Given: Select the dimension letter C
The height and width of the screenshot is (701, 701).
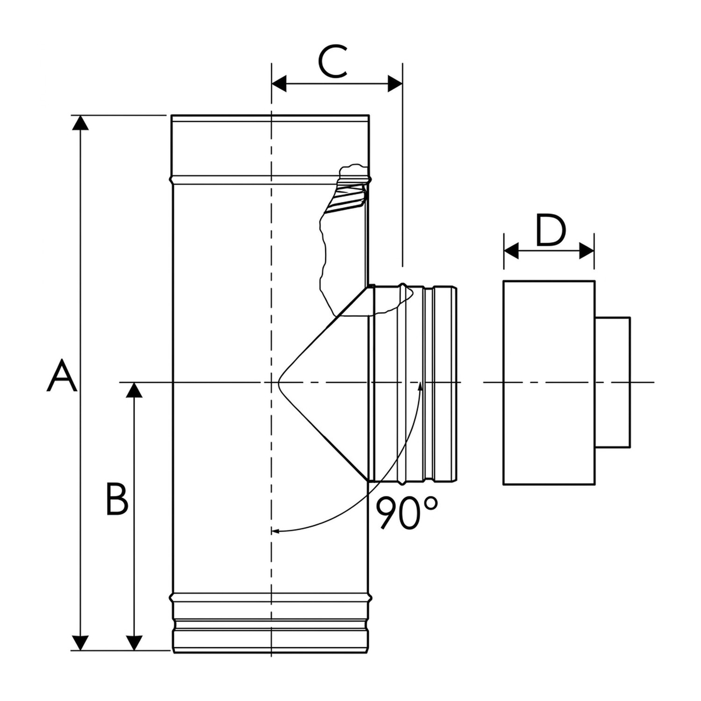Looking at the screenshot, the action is pyautogui.click(x=333, y=61).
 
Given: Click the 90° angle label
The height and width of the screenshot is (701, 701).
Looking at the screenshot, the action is pyautogui.click(x=407, y=513).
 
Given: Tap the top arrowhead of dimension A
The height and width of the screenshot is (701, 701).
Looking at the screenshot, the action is pyautogui.click(x=81, y=122).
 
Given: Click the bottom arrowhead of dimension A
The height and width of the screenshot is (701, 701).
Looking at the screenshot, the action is pyautogui.click(x=81, y=643).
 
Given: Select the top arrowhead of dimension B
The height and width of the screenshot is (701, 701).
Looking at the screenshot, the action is pyautogui.click(x=135, y=390).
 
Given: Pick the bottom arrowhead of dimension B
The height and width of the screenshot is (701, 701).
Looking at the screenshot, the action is pyautogui.click(x=135, y=643).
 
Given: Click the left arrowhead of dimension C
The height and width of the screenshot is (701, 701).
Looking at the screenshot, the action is pyautogui.click(x=279, y=84).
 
